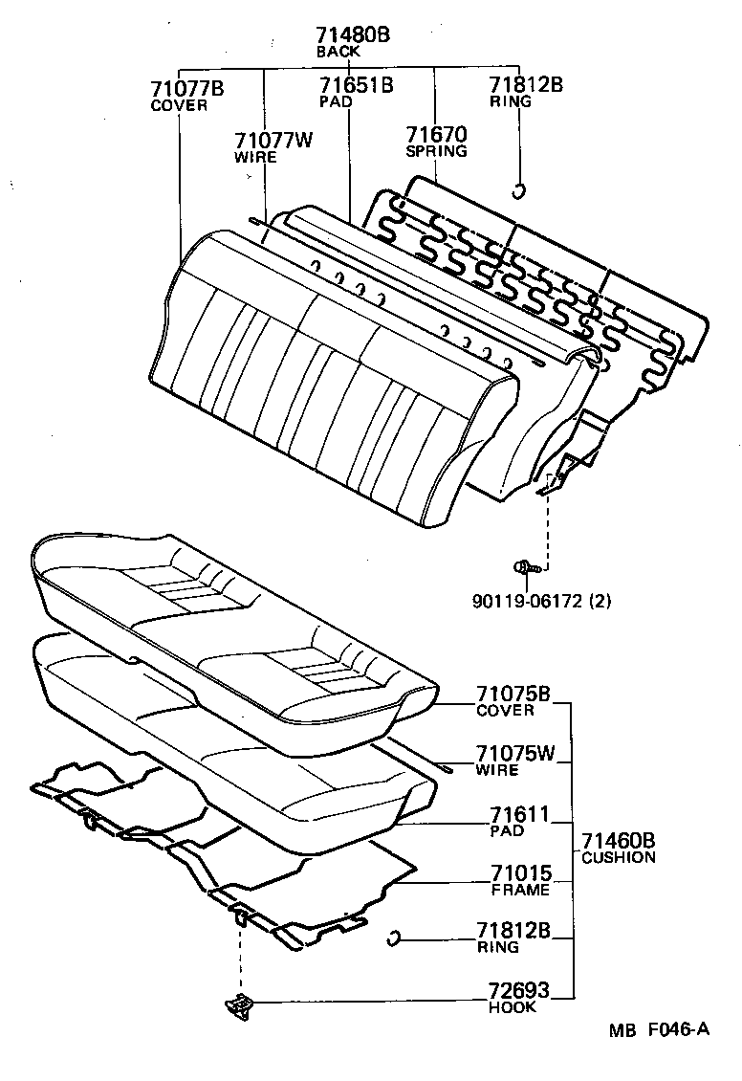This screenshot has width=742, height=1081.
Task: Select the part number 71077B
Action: tap(186, 89)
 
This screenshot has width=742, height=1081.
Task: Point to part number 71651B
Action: tap(356, 85)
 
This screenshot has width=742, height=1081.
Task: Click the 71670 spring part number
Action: tap(435, 135)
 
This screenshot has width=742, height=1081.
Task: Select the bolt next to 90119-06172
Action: tap(526, 567)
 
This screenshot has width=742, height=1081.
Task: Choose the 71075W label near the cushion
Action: tap(515, 754)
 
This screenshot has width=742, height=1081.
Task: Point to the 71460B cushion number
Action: tap(618, 841)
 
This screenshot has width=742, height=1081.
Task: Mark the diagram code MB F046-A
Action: tap(660, 1029)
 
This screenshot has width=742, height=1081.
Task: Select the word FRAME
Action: tap(520, 890)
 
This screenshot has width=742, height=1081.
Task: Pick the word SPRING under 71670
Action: tap(436, 151)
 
